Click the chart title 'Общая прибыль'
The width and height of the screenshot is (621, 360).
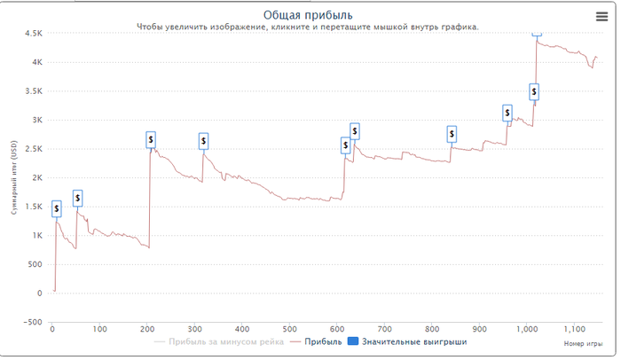coord(308,14)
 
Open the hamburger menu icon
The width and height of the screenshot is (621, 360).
coord(601,16)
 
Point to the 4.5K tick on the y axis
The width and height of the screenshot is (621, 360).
coord(34,34)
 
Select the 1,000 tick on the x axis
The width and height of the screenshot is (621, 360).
coord(527,329)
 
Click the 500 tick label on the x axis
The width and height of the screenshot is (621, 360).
coord(289,329)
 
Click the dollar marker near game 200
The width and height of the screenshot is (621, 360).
coord(151,139)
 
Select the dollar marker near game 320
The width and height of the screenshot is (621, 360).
coord(203,140)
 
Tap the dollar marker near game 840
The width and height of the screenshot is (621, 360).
coord(452,134)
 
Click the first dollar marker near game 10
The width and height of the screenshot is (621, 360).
coord(57,209)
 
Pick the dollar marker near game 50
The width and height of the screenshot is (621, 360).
coord(77,199)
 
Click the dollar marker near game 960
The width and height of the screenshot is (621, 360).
coord(507,113)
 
